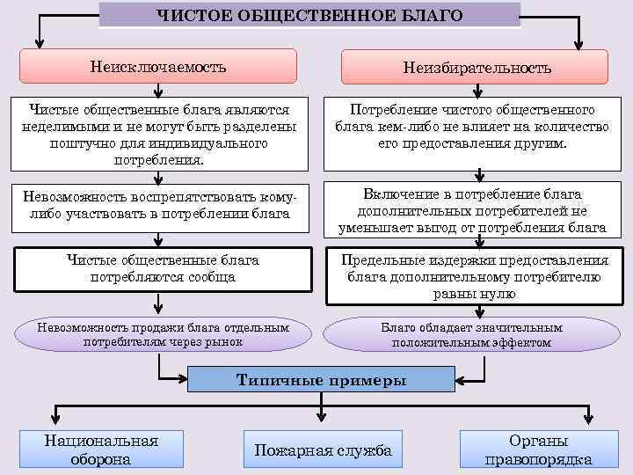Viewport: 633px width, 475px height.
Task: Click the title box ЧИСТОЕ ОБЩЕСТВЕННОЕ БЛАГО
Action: [309, 14]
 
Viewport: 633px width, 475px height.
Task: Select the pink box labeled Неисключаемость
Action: [158, 67]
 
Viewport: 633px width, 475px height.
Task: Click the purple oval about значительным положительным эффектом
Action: [472, 334]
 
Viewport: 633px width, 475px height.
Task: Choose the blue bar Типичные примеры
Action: [322, 381]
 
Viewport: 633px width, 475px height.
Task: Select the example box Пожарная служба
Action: [322, 450]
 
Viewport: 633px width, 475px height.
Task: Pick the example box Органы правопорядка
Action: [538, 449]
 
